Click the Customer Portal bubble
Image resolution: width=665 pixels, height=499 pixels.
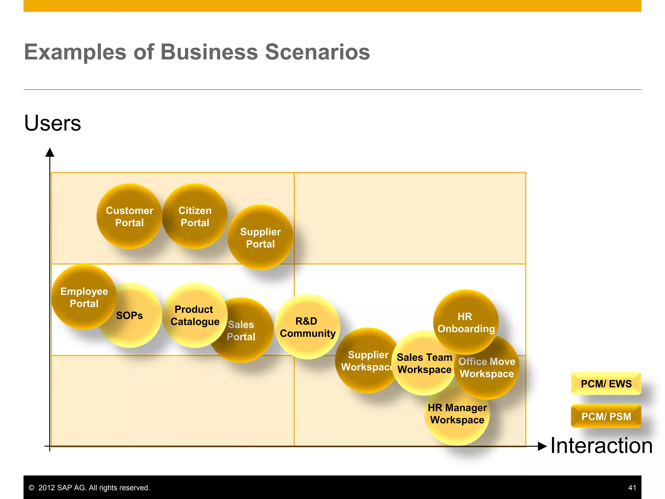pos(130,216)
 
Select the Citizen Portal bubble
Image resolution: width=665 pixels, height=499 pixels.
pos(195,216)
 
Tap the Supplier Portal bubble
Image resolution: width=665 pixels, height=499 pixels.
pos(260,237)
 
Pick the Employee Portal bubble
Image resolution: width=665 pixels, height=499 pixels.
pos(84,297)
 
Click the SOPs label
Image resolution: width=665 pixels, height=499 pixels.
pos(130,315)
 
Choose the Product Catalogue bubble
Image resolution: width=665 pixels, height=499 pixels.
pos(195,315)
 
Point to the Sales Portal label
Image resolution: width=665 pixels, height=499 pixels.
pos(241,330)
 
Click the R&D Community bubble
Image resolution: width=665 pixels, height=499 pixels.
pos(307,327)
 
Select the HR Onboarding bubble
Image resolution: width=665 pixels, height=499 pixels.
pos(466,322)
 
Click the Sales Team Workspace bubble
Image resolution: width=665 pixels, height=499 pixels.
pos(424,363)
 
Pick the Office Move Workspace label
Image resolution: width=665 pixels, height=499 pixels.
pos(487,367)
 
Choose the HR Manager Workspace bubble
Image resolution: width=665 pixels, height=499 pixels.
pos(457,414)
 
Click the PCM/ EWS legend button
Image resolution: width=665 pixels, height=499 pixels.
pos(606,384)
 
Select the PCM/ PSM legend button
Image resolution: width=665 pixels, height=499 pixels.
pos(606,416)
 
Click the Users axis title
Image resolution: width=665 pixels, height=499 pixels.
pos(53,123)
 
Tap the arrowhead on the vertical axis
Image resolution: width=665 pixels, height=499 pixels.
pos(50,152)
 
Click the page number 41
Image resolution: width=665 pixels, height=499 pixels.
pos(632,488)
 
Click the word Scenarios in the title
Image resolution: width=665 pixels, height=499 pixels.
pos(317,52)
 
